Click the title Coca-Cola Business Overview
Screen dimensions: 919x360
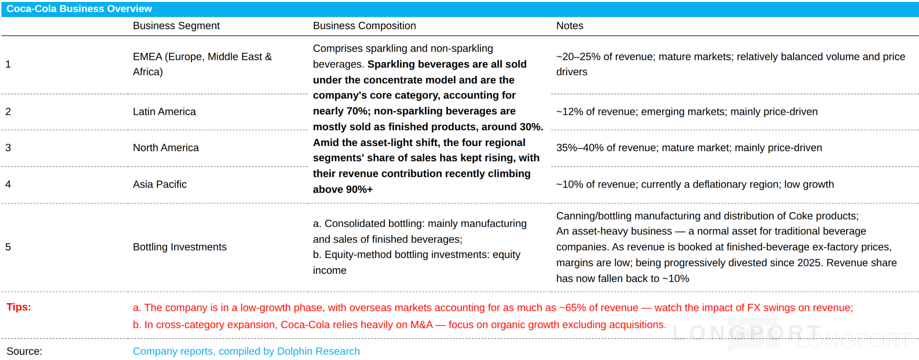pos(79,9)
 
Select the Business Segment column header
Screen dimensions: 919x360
pos(176,26)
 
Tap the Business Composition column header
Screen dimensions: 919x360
pos(364,26)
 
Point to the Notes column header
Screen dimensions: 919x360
pos(570,26)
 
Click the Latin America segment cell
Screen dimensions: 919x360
pos(164,112)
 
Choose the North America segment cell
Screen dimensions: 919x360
pos(166,147)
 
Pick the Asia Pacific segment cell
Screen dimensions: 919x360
pos(159,184)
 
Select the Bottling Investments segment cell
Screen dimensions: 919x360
pos(179,247)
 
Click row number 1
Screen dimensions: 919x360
pos(8,64)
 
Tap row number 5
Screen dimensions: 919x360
pos(8,247)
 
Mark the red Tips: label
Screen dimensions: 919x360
pos(19,307)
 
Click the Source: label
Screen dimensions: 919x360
pos(24,351)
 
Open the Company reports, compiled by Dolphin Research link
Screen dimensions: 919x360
pos(246,351)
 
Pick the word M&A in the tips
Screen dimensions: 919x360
pos(421,325)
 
